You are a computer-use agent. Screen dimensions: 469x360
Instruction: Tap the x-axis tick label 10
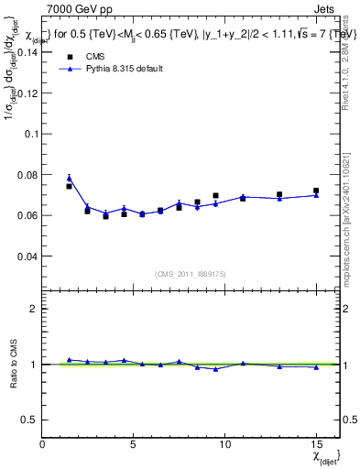(225, 444)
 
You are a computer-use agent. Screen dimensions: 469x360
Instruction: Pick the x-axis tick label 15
(316, 444)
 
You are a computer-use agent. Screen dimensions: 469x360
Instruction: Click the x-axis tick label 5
(134, 444)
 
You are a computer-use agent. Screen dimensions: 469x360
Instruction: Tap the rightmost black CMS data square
(316, 191)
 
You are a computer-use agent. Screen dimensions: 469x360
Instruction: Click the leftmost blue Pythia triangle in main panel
(69, 178)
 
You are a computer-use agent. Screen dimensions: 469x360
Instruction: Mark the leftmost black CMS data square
(69, 186)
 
